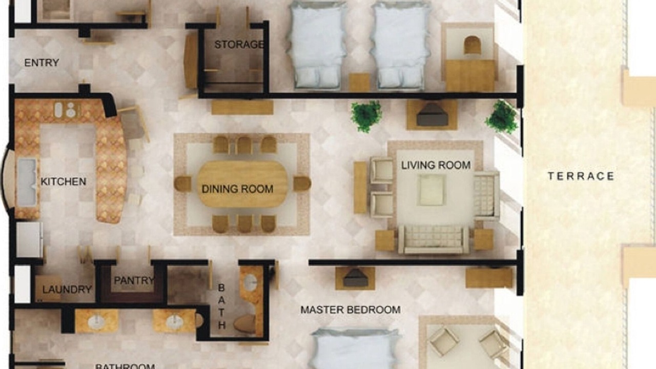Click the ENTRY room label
[42, 63]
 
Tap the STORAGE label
[239, 45]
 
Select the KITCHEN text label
[63, 181]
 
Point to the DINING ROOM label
[237, 189]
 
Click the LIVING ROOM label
[436, 165]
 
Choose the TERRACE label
[581, 176]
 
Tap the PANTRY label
[134, 280]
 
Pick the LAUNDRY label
[67, 290]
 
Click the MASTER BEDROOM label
[351, 310]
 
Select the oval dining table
[242, 184]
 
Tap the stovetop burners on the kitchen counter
[67, 110]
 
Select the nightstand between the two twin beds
[359, 83]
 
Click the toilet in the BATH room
[244, 324]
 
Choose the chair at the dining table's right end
[302, 183]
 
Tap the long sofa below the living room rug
[434, 239]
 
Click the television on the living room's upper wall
[432, 114]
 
